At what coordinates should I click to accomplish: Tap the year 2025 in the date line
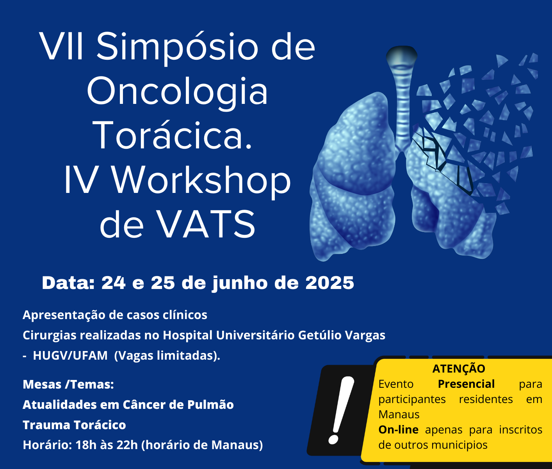[329, 283]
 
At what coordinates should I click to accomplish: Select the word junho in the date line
[240, 284]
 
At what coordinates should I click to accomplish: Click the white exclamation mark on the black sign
[341, 410]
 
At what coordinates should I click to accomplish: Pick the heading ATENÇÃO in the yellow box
[459, 369]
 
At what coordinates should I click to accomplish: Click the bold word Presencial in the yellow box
[466, 384]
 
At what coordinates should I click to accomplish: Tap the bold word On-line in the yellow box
[398, 430]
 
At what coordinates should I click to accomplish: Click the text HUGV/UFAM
[70, 355]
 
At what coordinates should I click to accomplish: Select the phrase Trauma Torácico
[74, 425]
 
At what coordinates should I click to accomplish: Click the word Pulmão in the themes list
[210, 404]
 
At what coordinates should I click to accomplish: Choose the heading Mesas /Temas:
[68, 385]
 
